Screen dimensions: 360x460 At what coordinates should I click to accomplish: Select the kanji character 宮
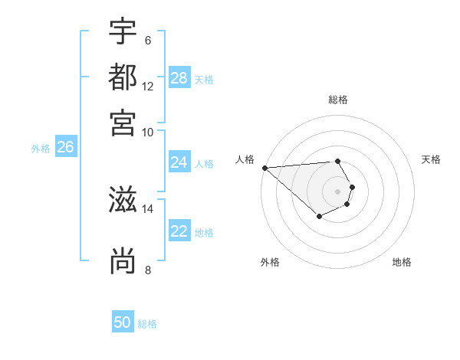(x=123, y=122)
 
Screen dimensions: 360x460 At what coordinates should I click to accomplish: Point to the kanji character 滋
(x=123, y=200)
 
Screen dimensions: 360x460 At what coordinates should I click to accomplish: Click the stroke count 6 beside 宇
(x=147, y=40)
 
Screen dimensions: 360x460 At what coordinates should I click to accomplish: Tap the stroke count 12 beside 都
(x=148, y=86)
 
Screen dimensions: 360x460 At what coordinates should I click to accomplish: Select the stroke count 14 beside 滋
(x=148, y=208)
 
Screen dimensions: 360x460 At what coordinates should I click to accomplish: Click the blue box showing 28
(x=179, y=77)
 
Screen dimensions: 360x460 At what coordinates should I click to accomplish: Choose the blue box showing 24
(x=179, y=162)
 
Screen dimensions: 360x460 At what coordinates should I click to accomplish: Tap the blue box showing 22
(x=179, y=231)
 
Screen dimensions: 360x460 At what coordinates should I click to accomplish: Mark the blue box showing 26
(x=65, y=147)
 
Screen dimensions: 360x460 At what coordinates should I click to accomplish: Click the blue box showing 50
(x=123, y=322)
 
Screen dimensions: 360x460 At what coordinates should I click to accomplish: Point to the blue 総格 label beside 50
(x=147, y=324)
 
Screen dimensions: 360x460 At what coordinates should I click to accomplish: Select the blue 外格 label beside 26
(x=41, y=149)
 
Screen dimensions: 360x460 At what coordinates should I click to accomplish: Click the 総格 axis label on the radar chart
(x=338, y=100)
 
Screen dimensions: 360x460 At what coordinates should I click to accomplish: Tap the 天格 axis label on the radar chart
(x=432, y=159)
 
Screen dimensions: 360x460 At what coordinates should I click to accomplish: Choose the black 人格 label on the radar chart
(x=245, y=159)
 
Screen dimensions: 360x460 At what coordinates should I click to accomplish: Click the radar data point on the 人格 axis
(x=264, y=168)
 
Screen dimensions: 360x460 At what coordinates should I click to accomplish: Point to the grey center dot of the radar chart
(x=338, y=191)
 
